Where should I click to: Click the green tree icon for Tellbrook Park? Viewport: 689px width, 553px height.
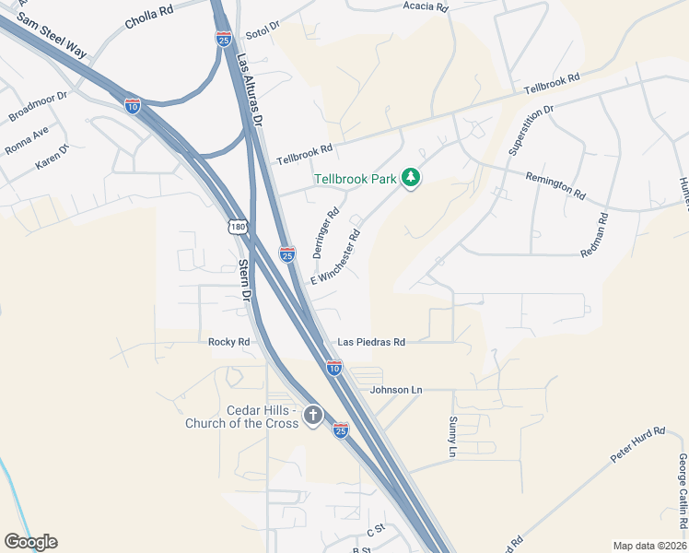pos(411,178)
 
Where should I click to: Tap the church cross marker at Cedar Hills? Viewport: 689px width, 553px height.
pos(312,415)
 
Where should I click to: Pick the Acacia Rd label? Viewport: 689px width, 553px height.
pos(425,7)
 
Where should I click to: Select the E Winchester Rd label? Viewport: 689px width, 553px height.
pos(335,256)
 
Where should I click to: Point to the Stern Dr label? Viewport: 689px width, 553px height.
pos(244,280)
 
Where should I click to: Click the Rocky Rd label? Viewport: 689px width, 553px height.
pos(229,342)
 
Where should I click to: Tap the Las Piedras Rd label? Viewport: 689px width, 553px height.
pos(371,342)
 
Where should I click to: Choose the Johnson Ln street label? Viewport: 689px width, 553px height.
pos(396,390)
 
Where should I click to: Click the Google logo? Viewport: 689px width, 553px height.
pos(30,542)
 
